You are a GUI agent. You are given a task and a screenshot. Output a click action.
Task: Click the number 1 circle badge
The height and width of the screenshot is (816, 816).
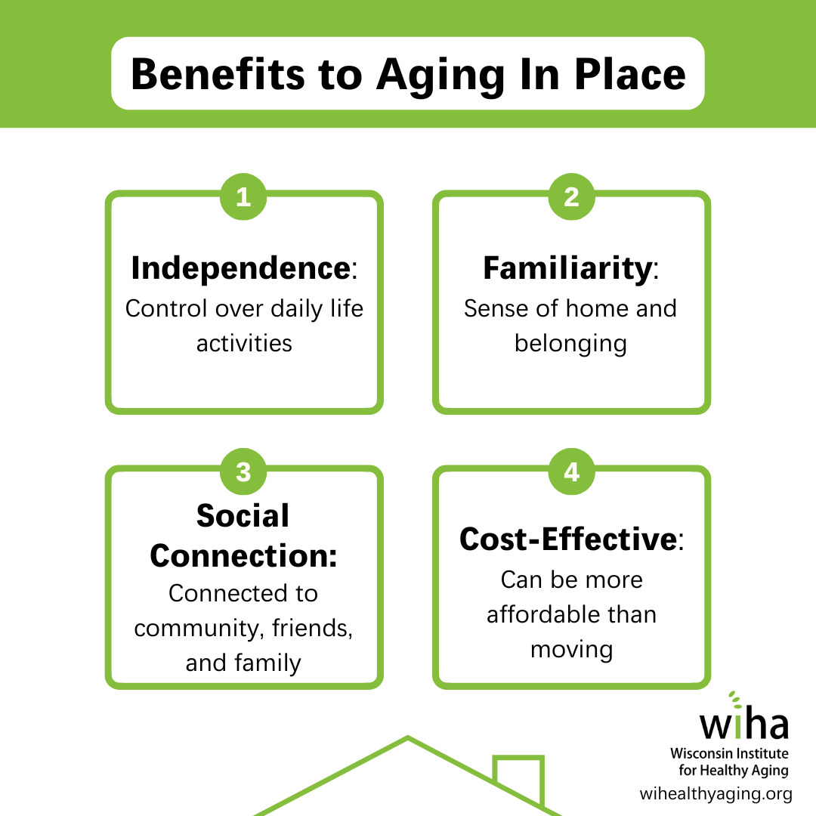(243, 196)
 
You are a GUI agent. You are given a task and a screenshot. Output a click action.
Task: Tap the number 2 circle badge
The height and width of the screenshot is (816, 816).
(571, 196)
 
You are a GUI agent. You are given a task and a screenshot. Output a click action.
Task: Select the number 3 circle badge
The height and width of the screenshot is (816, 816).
(243, 471)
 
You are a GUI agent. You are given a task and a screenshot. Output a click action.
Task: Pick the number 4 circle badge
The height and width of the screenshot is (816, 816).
(571, 471)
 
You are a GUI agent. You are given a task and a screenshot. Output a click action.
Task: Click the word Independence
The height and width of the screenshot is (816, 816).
(241, 267)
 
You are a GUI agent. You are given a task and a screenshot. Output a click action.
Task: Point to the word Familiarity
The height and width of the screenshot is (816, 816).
(567, 269)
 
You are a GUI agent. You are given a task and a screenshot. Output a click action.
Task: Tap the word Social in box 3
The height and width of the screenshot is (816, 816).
(243, 516)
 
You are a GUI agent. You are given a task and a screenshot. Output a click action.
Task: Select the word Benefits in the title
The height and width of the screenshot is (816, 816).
(218, 74)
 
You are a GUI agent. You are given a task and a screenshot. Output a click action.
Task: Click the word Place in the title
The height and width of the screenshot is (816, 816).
(630, 74)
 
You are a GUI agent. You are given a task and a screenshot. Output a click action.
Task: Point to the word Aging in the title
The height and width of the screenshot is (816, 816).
(440, 76)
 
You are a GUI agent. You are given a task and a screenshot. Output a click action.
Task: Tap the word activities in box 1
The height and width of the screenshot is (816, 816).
(244, 344)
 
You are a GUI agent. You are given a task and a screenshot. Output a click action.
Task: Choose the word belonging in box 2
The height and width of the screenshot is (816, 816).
(571, 345)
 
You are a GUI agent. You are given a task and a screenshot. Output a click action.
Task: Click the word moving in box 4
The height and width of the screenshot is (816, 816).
(571, 651)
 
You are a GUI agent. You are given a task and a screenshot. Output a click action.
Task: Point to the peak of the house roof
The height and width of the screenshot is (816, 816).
(408, 737)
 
